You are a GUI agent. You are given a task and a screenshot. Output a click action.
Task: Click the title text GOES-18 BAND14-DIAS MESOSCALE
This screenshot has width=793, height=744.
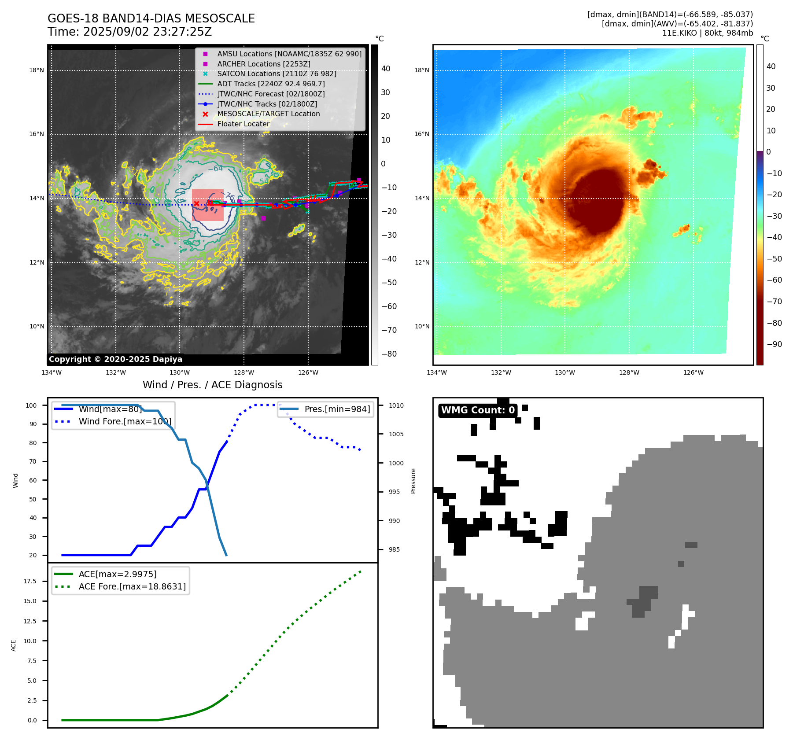pos(151,18)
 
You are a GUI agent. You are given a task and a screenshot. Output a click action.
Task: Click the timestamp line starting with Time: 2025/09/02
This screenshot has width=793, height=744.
pos(130,32)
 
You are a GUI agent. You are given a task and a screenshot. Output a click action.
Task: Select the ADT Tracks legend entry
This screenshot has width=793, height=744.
pos(271,84)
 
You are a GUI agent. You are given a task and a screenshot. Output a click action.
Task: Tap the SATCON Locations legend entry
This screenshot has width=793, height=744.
pos(277,74)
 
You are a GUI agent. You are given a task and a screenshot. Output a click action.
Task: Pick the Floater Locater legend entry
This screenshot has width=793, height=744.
pos(243,124)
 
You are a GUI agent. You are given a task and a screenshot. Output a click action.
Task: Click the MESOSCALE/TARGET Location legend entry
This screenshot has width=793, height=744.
pos(268,114)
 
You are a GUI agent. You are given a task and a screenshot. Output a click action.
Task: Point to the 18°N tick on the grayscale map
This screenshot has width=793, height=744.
pos(37,70)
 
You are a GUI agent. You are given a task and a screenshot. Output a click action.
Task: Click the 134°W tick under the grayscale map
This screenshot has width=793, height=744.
pos(52,372)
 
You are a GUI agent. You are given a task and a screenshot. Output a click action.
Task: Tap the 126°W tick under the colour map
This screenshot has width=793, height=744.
pos(693,372)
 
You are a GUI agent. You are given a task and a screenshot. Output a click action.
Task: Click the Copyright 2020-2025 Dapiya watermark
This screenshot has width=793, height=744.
pos(115,359)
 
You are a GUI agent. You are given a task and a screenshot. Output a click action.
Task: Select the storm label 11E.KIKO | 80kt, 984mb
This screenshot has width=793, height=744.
pos(707,33)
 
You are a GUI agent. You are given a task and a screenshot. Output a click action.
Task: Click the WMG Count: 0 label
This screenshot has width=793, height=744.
pos(478,410)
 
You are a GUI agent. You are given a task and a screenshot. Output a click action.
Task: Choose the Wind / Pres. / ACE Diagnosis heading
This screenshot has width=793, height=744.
pos(212,385)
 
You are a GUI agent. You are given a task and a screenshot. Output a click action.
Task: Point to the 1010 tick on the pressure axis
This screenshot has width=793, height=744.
pos(396,405)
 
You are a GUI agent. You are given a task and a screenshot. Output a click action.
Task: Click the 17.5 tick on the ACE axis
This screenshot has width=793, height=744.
pos(30,581)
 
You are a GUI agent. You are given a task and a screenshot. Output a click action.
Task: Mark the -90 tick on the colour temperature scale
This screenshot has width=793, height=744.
pos(774,344)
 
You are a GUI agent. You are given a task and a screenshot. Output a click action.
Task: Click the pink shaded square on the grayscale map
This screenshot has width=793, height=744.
pos(208,205)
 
